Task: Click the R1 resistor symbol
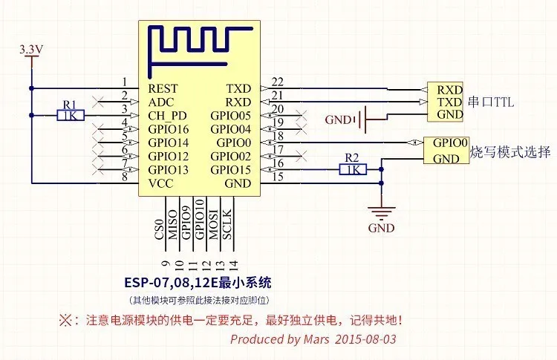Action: tap(71, 115)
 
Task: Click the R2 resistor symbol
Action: tap(351, 170)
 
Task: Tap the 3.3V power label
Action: tap(31, 50)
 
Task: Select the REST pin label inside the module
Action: tap(163, 88)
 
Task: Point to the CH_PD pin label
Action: tap(168, 116)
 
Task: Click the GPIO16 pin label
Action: tap(169, 129)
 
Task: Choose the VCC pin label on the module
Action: tap(160, 183)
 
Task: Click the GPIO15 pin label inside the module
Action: tap(231, 170)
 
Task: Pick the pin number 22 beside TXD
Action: tap(278, 82)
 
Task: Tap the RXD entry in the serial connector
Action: tap(450, 89)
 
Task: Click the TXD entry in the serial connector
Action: tap(450, 102)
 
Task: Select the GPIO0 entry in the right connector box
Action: tap(449, 143)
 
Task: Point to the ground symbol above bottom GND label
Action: tap(381, 212)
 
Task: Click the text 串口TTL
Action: tap(491, 102)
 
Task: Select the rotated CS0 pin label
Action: tap(158, 226)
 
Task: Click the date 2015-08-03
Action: tap(366, 339)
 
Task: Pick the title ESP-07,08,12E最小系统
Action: tap(200, 283)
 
